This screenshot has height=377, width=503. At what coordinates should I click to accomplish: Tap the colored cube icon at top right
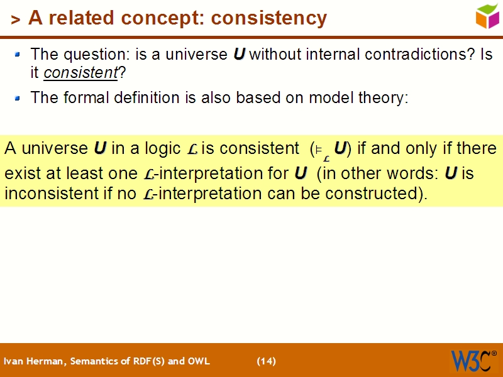[487, 16]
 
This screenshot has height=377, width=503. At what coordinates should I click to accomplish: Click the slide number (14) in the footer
[266, 361]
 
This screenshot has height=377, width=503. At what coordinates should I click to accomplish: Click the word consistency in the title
[269, 18]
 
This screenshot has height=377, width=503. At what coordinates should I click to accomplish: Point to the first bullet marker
[18, 55]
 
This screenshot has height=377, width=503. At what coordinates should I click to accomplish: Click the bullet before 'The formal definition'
[18, 98]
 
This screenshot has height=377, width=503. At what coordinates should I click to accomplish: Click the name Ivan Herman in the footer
[34, 361]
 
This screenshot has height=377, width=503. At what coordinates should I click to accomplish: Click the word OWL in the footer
[199, 361]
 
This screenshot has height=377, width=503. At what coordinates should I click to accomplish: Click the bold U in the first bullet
[239, 54]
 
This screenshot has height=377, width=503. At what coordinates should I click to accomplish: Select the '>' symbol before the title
[16, 19]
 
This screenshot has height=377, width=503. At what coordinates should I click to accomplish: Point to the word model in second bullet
[320, 98]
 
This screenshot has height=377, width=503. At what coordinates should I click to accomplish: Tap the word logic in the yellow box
[163, 149]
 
